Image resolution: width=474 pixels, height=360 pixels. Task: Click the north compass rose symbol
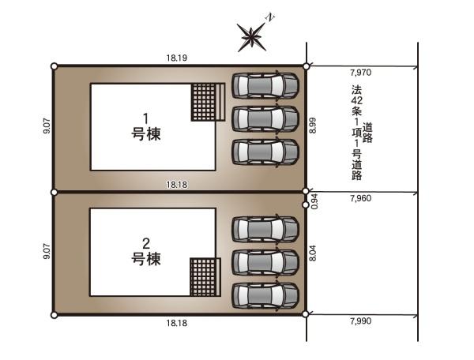coord(251,37)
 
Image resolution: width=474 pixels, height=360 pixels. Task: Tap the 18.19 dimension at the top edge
coord(176,58)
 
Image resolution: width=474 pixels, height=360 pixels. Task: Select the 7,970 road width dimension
coord(361,73)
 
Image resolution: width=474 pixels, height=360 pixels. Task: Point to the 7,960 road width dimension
coord(361,198)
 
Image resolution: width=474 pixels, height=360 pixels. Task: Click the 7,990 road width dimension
coord(361,321)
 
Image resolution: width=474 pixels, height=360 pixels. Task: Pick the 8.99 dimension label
coord(313,126)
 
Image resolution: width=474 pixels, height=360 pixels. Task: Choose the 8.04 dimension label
coord(313,253)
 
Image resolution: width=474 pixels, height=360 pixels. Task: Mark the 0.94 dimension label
coord(314,202)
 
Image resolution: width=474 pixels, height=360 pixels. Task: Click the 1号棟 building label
coord(146,127)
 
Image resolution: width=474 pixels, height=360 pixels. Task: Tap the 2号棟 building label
coord(146,251)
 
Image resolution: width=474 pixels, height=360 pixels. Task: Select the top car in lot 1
coord(265,86)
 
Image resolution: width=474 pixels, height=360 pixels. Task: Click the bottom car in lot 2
coord(265,296)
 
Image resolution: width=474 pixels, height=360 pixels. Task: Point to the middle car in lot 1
coord(265,119)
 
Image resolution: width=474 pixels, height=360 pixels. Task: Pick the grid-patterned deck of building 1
coord(208,102)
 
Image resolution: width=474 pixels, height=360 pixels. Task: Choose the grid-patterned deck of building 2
coord(205,277)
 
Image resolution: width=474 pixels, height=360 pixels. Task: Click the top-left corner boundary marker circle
coord(54,66)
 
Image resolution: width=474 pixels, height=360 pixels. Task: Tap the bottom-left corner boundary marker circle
coord(54,315)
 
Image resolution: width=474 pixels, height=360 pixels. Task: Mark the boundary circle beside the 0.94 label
coord(306,205)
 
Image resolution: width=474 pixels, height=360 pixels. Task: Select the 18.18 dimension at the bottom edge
coord(176,323)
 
